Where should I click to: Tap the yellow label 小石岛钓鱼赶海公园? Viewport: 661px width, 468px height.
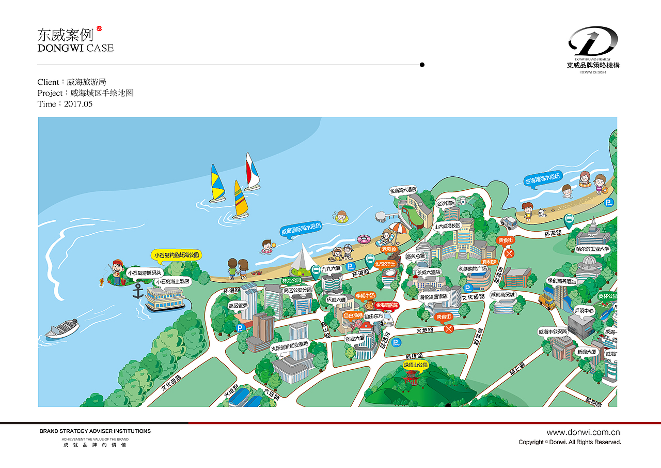pos(176,255)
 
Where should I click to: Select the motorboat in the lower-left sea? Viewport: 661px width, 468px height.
pos(62,328)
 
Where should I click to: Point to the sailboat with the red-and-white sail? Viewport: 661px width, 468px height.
pos(251,172)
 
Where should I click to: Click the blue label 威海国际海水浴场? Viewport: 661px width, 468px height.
pos(301,229)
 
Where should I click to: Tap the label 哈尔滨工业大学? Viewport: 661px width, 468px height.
pos(592,249)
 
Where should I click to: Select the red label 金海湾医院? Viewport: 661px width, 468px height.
pos(387,305)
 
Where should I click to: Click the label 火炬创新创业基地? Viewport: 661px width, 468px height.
pos(290,344)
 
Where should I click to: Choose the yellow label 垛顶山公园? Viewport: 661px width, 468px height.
pos(416,365)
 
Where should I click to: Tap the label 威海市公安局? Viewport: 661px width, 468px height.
pos(552,331)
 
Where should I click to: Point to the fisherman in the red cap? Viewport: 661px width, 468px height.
pos(118,271)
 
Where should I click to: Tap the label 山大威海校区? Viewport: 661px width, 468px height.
pos(447,226)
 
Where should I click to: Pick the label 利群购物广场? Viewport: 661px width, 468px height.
pos(473,268)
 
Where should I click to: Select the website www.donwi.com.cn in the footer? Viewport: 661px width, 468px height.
pos(583,432)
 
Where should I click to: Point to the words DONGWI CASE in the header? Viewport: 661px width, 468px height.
pos(75,48)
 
